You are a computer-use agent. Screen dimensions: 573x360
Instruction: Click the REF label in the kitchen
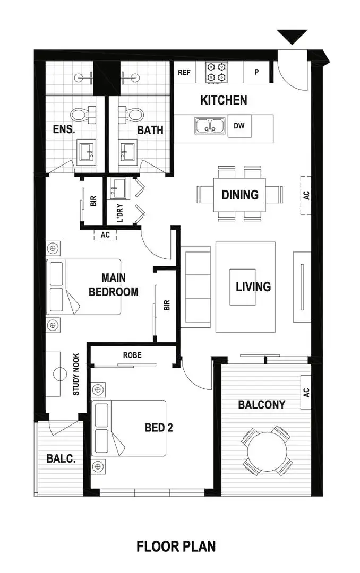click(184, 72)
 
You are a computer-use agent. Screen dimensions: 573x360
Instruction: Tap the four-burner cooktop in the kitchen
click(217, 72)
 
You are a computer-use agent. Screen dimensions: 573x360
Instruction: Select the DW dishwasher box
click(239, 126)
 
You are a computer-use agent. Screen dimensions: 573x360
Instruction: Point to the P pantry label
click(256, 72)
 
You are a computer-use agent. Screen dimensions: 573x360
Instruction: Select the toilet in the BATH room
click(133, 114)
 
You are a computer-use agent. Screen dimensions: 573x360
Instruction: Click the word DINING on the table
click(240, 195)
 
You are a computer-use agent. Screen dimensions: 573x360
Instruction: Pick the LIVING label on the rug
click(253, 286)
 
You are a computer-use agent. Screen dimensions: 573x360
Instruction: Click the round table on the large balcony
click(267, 450)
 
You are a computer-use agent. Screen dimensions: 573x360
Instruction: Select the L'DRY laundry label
click(120, 213)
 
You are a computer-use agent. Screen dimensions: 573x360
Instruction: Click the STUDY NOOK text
click(76, 374)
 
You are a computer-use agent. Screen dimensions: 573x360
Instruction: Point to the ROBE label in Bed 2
click(132, 355)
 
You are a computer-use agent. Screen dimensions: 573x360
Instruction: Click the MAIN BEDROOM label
click(113, 284)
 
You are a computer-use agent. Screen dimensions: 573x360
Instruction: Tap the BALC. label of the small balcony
click(61, 458)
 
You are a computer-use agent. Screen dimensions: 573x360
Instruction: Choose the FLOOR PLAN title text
click(176, 546)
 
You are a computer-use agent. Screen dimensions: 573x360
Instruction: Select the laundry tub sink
click(117, 187)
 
